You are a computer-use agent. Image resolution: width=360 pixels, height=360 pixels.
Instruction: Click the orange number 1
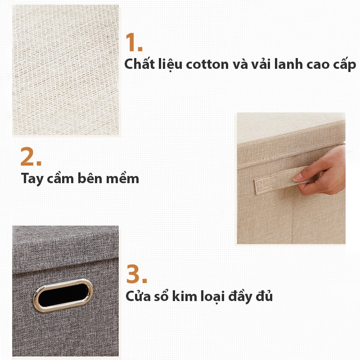click(x=134, y=42)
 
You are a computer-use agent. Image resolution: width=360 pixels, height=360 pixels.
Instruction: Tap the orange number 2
click(x=31, y=157)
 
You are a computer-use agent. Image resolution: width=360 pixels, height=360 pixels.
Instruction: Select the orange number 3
click(x=137, y=274)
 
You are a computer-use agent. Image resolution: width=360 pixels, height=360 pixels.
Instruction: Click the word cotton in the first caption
click(x=207, y=64)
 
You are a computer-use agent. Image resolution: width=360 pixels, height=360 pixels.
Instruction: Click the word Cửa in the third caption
click(x=138, y=296)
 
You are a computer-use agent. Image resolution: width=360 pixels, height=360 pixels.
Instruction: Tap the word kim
click(x=184, y=296)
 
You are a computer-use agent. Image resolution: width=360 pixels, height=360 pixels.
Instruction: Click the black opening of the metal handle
click(x=63, y=295)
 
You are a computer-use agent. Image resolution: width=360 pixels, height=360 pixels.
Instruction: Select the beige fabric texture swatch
click(x=66, y=70)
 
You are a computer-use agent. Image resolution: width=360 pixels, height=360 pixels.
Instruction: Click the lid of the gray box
click(x=66, y=250)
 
